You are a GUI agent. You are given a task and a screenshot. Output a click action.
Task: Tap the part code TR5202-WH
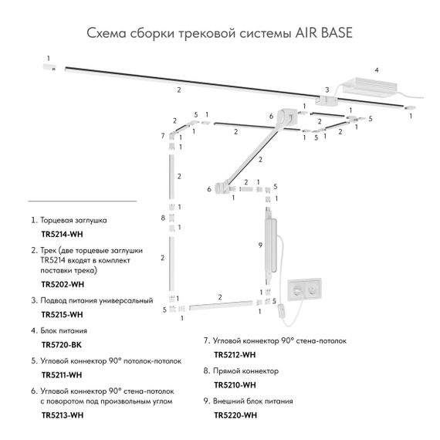pos(62,284)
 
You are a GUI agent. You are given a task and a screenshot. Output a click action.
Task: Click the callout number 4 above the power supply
pos(377,70)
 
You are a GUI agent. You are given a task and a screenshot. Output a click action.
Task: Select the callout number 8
pos(163,218)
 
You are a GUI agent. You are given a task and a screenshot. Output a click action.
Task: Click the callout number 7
pos(163,136)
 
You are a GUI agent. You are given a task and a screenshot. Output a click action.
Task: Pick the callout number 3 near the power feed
pos(327,90)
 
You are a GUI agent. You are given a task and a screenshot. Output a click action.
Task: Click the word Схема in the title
pos(103,33)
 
